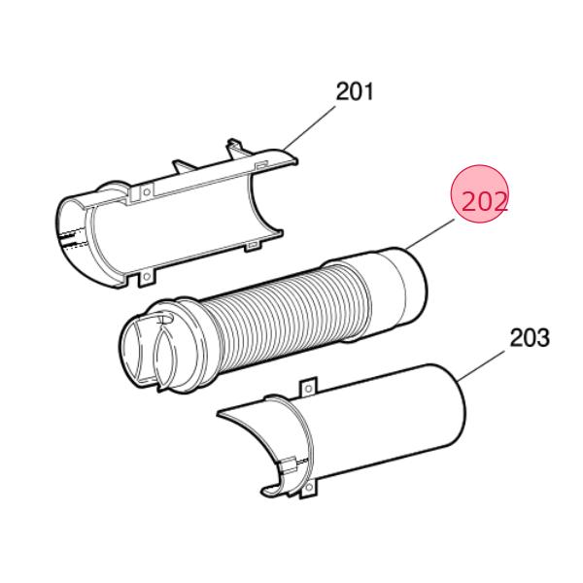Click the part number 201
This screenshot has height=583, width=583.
pos(355,91)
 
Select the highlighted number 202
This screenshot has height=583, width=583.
pos(482,201)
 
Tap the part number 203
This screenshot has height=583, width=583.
pos(530,337)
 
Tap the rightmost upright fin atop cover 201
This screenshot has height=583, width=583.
pos(234,147)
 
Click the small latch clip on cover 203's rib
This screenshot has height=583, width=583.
pos(288,458)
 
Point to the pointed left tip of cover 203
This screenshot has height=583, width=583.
pos(219,411)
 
